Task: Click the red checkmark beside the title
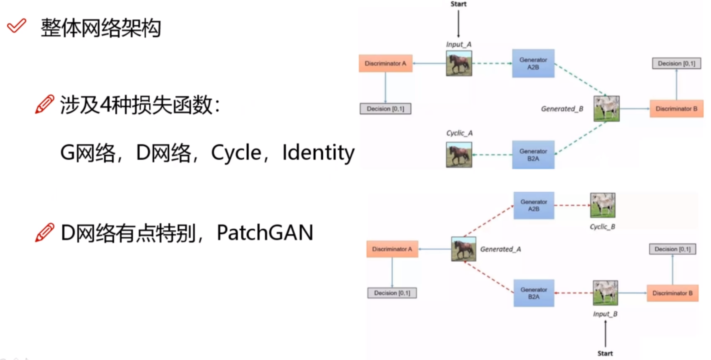(17, 26)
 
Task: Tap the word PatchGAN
(265, 233)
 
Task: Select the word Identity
(318, 153)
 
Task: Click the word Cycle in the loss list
(236, 153)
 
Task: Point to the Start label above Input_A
(458, 4)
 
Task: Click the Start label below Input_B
(605, 353)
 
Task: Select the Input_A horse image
(459, 64)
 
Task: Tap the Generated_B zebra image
(606, 109)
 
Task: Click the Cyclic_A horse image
(459, 155)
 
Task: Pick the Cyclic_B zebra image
(603, 205)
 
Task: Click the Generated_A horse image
(463, 249)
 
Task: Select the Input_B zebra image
(605, 293)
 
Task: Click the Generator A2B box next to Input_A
(533, 64)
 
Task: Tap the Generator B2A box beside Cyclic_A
(533, 155)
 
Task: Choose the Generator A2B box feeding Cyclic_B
(534, 205)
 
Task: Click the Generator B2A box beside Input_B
(534, 293)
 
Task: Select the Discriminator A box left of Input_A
(385, 64)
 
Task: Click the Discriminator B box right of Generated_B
(676, 109)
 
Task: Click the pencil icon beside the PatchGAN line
(45, 232)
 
